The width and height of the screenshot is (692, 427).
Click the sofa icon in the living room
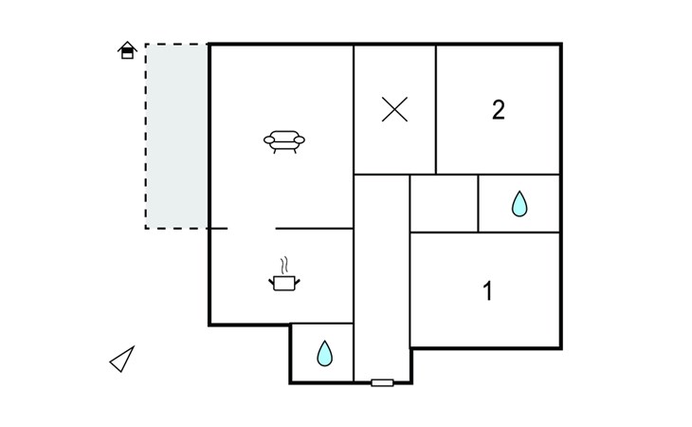click(x=283, y=141)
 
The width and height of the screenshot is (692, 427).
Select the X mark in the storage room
click(x=394, y=109)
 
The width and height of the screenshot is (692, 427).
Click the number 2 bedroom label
click(x=499, y=110)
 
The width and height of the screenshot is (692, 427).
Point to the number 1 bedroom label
click(x=487, y=291)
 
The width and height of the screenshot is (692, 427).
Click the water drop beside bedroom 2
click(x=519, y=204)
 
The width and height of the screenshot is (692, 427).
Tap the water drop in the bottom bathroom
click(x=325, y=353)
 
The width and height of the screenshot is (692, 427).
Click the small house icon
click(x=127, y=50)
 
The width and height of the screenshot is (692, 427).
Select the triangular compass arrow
click(x=122, y=359)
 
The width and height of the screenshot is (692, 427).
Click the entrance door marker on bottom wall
click(x=382, y=382)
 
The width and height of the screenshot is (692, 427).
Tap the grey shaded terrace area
click(x=177, y=136)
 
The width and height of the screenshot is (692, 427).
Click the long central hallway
click(x=382, y=277)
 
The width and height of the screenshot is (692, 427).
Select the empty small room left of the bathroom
click(x=444, y=203)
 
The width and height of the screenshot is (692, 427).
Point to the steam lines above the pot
click(x=284, y=265)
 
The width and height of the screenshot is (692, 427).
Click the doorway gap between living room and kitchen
click(x=251, y=229)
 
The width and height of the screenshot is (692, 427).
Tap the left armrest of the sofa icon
click(x=269, y=140)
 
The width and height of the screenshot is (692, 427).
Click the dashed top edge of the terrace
click(x=177, y=45)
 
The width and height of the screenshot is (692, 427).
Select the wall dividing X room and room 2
click(x=436, y=109)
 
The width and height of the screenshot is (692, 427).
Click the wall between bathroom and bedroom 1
click(x=519, y=232)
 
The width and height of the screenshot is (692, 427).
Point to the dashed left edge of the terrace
click(x=146, y=136)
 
